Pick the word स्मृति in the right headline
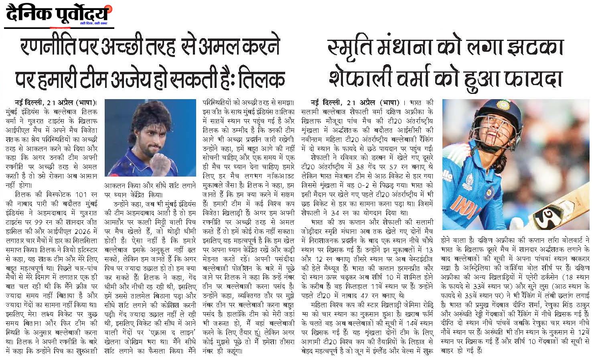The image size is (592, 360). [349, 47]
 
